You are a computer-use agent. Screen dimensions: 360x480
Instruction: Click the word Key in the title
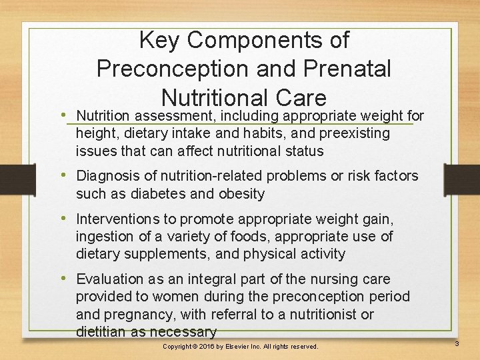[160, 40]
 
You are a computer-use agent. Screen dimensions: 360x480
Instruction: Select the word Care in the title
[297, 97]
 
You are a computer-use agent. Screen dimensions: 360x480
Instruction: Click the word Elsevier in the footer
[246, 347]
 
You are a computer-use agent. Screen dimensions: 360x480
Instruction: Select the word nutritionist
[330, 314]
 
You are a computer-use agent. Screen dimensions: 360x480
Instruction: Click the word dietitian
[99, 332]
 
